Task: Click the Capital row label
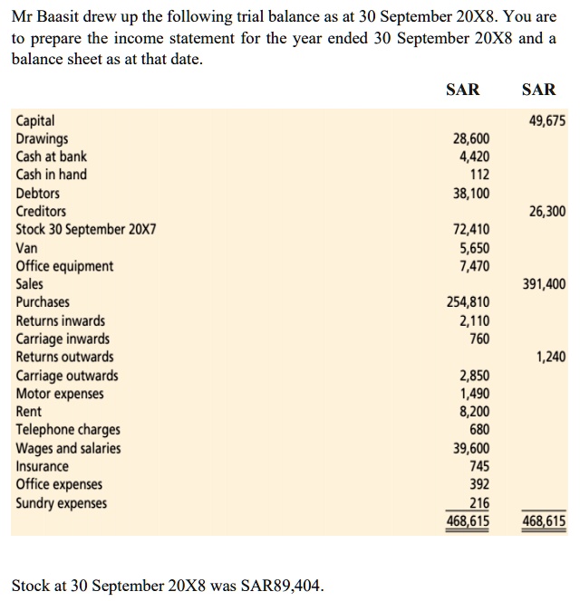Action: pyautogui.click(x=35, y=120)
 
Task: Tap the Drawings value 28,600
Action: pyautogui.click(x=470, y=138)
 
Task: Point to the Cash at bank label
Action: pyautogui.click(x=52, y=157)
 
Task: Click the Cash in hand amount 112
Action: pyautogui.click(x=479, y=175)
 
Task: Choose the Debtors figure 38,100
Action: pyautogui.click(x=470, y=194)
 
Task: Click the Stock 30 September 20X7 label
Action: pyautogui.click(x=86, y=230)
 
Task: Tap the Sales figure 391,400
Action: pyautogui.click(x=544, y=284)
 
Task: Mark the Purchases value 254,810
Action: pyautogui.click(x=468, y=302)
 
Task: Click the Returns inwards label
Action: pyautogui.click(x=60, y=320)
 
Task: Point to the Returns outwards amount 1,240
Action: pyautogui.click(x=550, y=357)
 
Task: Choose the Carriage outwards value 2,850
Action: pyautogui.click(x=474, y=376)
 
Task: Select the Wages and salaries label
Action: pyautogui.click(x=68, y=448)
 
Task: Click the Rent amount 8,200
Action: pyautogui.click(x=474, y=412)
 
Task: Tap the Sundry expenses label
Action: pyautogui.click(x=61, y=503)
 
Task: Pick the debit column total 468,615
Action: pyautogui.click(x=468, y=521)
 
